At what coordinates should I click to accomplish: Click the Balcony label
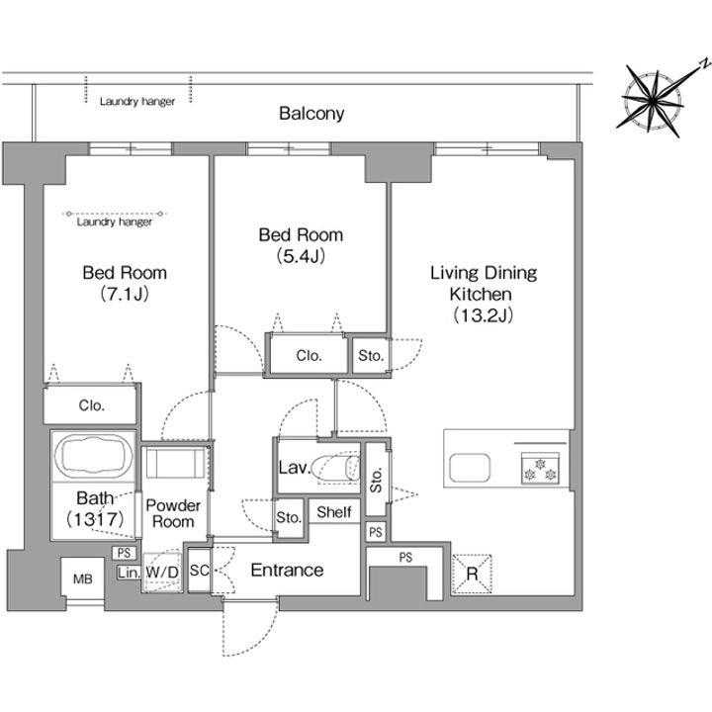coord(311,113)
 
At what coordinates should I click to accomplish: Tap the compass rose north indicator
coord(704,62)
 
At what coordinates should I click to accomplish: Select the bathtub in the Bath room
coord(94,456)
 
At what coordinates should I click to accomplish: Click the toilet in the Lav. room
coord(336,468)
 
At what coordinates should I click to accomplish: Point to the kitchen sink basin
coord(470,468)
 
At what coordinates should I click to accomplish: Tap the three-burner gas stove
coord(540,468)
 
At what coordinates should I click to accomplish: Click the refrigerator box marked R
coord(472,574)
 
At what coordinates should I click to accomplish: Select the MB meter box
coord(83,578)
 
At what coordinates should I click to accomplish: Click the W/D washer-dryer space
coord(161,573)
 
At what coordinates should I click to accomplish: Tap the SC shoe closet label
coord(200,570)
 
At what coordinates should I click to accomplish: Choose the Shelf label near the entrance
coord(334,512)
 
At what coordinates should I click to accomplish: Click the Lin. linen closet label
coord(129,573)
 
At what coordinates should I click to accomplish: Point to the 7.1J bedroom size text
coord(125,295)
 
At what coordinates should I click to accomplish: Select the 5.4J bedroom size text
coord(301,256)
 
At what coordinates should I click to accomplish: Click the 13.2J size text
coord(484,314)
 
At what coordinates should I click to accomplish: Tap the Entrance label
coord(287,570)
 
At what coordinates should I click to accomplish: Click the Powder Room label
coord(173,513)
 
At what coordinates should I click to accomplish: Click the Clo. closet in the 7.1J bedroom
coord(91,405)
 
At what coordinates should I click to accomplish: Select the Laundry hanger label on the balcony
coord(137,101)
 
